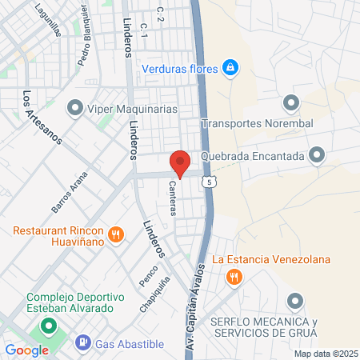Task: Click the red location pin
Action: point(181,162)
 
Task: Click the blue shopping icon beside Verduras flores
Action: point(231,67)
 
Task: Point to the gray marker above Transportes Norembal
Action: point(290,102)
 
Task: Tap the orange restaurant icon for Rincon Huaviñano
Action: point(116,234)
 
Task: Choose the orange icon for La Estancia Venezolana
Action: point(234,277)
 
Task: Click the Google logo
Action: point(27,350)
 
